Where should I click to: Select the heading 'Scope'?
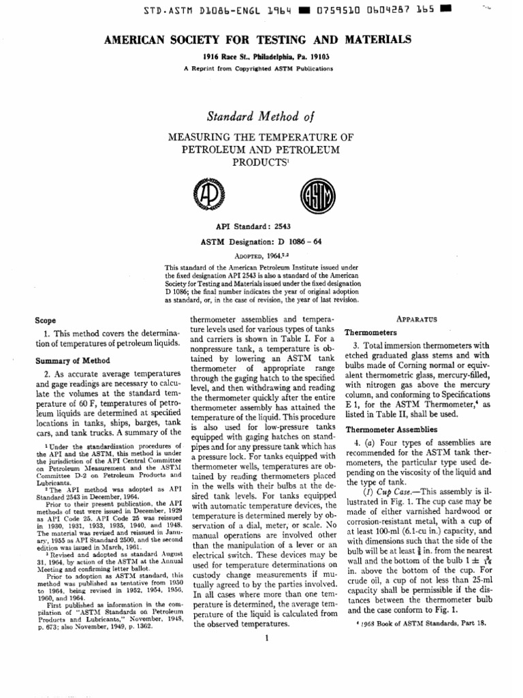click(x=46, y=320)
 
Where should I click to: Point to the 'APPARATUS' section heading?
click(x=416, y=319)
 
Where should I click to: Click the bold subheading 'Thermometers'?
click(x=370, y=333)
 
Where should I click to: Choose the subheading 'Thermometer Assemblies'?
click(x=391, y=429)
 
